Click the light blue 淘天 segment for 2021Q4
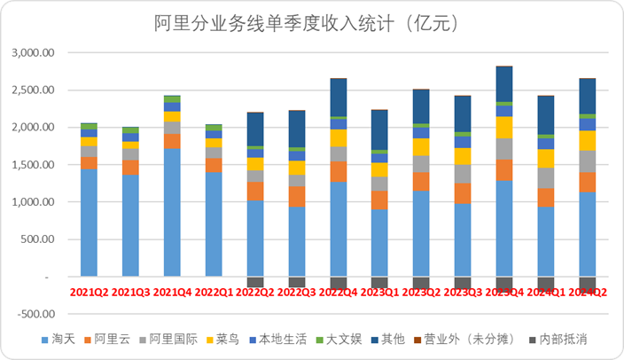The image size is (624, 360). (x=171, y=213)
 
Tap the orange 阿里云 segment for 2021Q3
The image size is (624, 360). (x=130, y=167)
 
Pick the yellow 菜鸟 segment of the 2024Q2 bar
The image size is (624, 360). (x=587, y=140)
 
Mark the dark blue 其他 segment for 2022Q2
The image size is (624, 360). (x=255, y=129)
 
